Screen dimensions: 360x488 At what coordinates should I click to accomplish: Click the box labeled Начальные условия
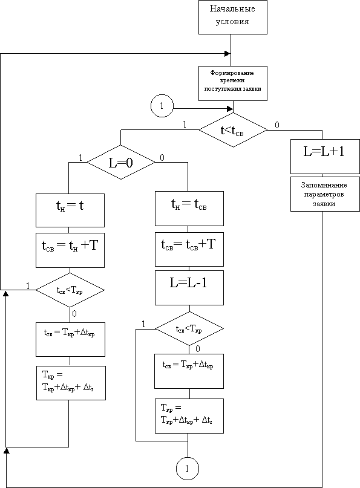coord(233,17)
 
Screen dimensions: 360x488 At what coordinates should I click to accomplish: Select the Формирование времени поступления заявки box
coord(233,83)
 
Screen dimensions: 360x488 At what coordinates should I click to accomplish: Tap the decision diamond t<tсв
coord(233,130)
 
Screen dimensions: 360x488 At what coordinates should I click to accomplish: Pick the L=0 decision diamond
coord(121,162)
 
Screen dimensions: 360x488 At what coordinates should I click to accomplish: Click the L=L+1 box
coord(324,156)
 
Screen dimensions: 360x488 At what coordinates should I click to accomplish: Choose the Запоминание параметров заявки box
coord(324,194)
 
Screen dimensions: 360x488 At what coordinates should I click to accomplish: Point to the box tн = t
coord(70,210)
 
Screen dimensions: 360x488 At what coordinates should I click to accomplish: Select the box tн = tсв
coord(189,209)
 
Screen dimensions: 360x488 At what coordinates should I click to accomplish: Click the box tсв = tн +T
coord(70,250)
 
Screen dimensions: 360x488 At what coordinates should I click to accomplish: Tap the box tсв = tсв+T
coord(189,249)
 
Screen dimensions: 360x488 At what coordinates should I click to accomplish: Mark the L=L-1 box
coord(189,288)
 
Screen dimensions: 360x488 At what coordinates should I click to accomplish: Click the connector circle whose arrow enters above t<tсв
coord(162,106)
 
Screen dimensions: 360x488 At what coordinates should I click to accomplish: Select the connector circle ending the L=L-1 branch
coord(187,469)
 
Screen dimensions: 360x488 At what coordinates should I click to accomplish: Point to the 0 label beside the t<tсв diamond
coord(277,125)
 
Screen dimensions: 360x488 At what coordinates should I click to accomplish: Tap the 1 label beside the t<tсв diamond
coord(185,125)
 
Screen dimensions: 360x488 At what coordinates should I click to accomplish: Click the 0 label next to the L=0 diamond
coord(162,158)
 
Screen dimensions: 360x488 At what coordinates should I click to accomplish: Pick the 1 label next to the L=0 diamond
coord(80,158)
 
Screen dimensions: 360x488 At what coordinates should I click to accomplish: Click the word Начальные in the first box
coord(232,8)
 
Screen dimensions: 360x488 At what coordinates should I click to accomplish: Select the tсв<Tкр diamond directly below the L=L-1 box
coord(189,328)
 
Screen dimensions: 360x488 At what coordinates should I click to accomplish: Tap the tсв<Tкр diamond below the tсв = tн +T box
coord(70,290)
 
